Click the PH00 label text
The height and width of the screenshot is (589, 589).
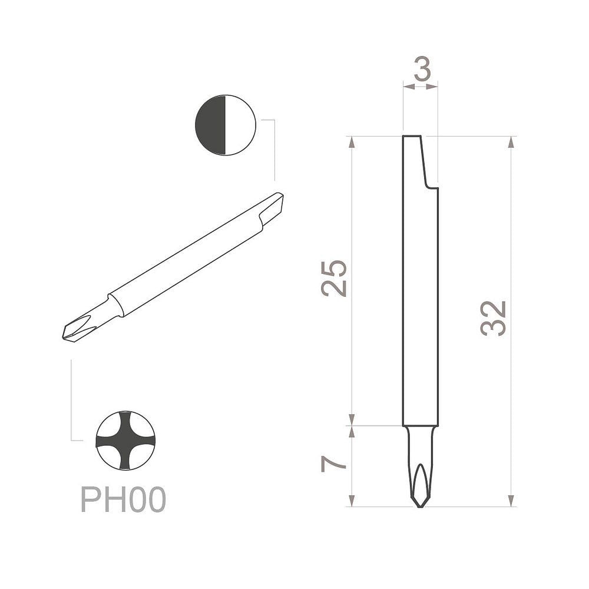pos(123,499)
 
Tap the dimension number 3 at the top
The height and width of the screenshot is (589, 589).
pos(422,68)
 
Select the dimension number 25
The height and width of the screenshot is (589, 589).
pos(333,279)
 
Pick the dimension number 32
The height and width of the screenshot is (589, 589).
pos(493,318)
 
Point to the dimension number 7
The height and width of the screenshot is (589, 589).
pos(333,464)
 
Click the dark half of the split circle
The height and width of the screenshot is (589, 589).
pos(210,125)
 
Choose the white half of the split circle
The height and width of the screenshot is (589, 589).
pos(240,125)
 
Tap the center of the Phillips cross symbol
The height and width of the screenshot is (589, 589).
pos(125,440)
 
